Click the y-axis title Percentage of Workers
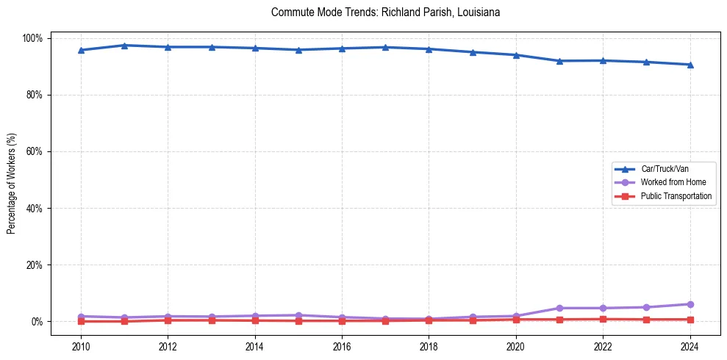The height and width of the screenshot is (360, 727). point(12,180)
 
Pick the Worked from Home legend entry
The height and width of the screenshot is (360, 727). point(673,182)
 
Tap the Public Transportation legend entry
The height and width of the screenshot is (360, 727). point(676,196)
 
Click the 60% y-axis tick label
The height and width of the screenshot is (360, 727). point(35,151)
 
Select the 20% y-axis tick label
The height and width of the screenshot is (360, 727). point(35,264)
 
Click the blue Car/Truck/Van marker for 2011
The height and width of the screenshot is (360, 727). point(124,46)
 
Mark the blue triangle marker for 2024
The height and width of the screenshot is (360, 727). point(690,65)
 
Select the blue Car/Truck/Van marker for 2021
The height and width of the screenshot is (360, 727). point(559,61)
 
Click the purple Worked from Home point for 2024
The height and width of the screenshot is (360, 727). point(690,304)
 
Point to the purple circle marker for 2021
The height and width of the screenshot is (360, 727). point(559,308)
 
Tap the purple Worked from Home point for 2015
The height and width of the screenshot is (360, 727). point(298,315)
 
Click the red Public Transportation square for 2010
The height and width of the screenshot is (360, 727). point(81,321)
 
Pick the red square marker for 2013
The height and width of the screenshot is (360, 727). point(212,320)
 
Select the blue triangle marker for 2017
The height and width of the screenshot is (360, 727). point(385,47)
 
